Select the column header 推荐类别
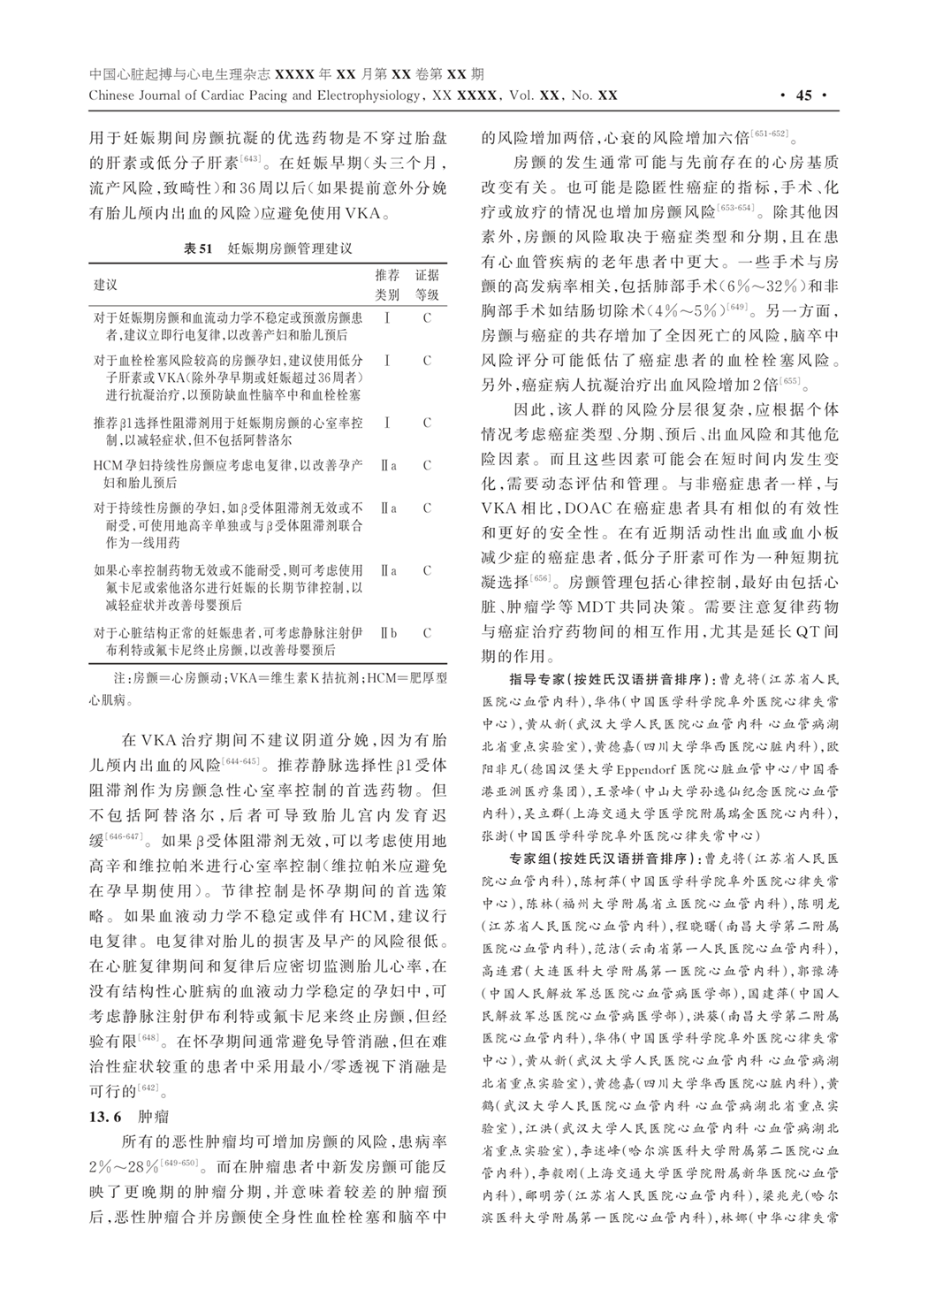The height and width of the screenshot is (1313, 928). pyautogui.click(x=387, y=285)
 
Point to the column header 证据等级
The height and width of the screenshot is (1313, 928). pyautogui.click(x=427, y=285)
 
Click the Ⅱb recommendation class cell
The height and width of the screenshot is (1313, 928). pyautogui.click(x=387, y=633)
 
